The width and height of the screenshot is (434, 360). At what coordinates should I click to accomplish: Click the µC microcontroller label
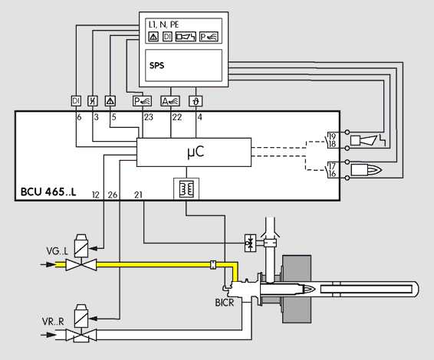pyautogui.click(x=196, y=152)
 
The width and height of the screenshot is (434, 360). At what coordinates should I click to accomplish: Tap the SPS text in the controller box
pyautogui.click(x=156, y=65)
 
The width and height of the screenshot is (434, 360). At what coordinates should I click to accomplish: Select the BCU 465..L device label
pyautogui.click(x=48, y=191)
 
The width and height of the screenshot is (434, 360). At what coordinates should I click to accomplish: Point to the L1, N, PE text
pyautogui.click(x=163, y=25)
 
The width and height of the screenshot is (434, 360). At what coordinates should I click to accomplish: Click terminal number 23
pyautogui.click(x=148, y=117)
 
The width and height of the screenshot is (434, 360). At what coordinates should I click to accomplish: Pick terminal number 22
pyautogui.click(x=177, y=117)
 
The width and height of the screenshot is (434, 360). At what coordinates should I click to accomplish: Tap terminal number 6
pyautogui.click(x=80, y=117)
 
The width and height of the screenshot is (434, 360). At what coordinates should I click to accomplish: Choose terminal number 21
pyautogui.click(x=138, y=195)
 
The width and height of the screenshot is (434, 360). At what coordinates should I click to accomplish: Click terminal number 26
pyautogui.click(x=113, y=195)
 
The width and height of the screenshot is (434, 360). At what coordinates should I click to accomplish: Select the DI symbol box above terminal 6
pyautogui.click(x=76, y=101)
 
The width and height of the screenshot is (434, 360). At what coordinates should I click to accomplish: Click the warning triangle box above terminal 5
pyautogui.click(x=110, y=101)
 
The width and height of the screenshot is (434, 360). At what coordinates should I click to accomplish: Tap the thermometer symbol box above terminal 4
pyautogui.click(x=196, y=101)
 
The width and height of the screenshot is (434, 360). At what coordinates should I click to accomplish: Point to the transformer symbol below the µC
pyautogui.click(x=186, y=188)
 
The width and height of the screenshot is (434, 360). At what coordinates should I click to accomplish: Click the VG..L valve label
pyautogui.click(x=57, y=251)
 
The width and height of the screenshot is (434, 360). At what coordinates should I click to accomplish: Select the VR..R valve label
pyautogui.click(x=53, y=322)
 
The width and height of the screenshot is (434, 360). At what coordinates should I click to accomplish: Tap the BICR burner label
pyautogui.click(x=225, y=303)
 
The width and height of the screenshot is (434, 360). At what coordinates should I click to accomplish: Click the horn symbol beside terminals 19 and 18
pyautogui.click(x=363, y=140)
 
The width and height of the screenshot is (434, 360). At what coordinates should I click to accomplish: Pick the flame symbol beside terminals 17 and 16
pyautogui.click(x=367, y=170)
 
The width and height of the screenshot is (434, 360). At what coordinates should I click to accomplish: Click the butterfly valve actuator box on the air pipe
pyautogui.click(x=251, y=243)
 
